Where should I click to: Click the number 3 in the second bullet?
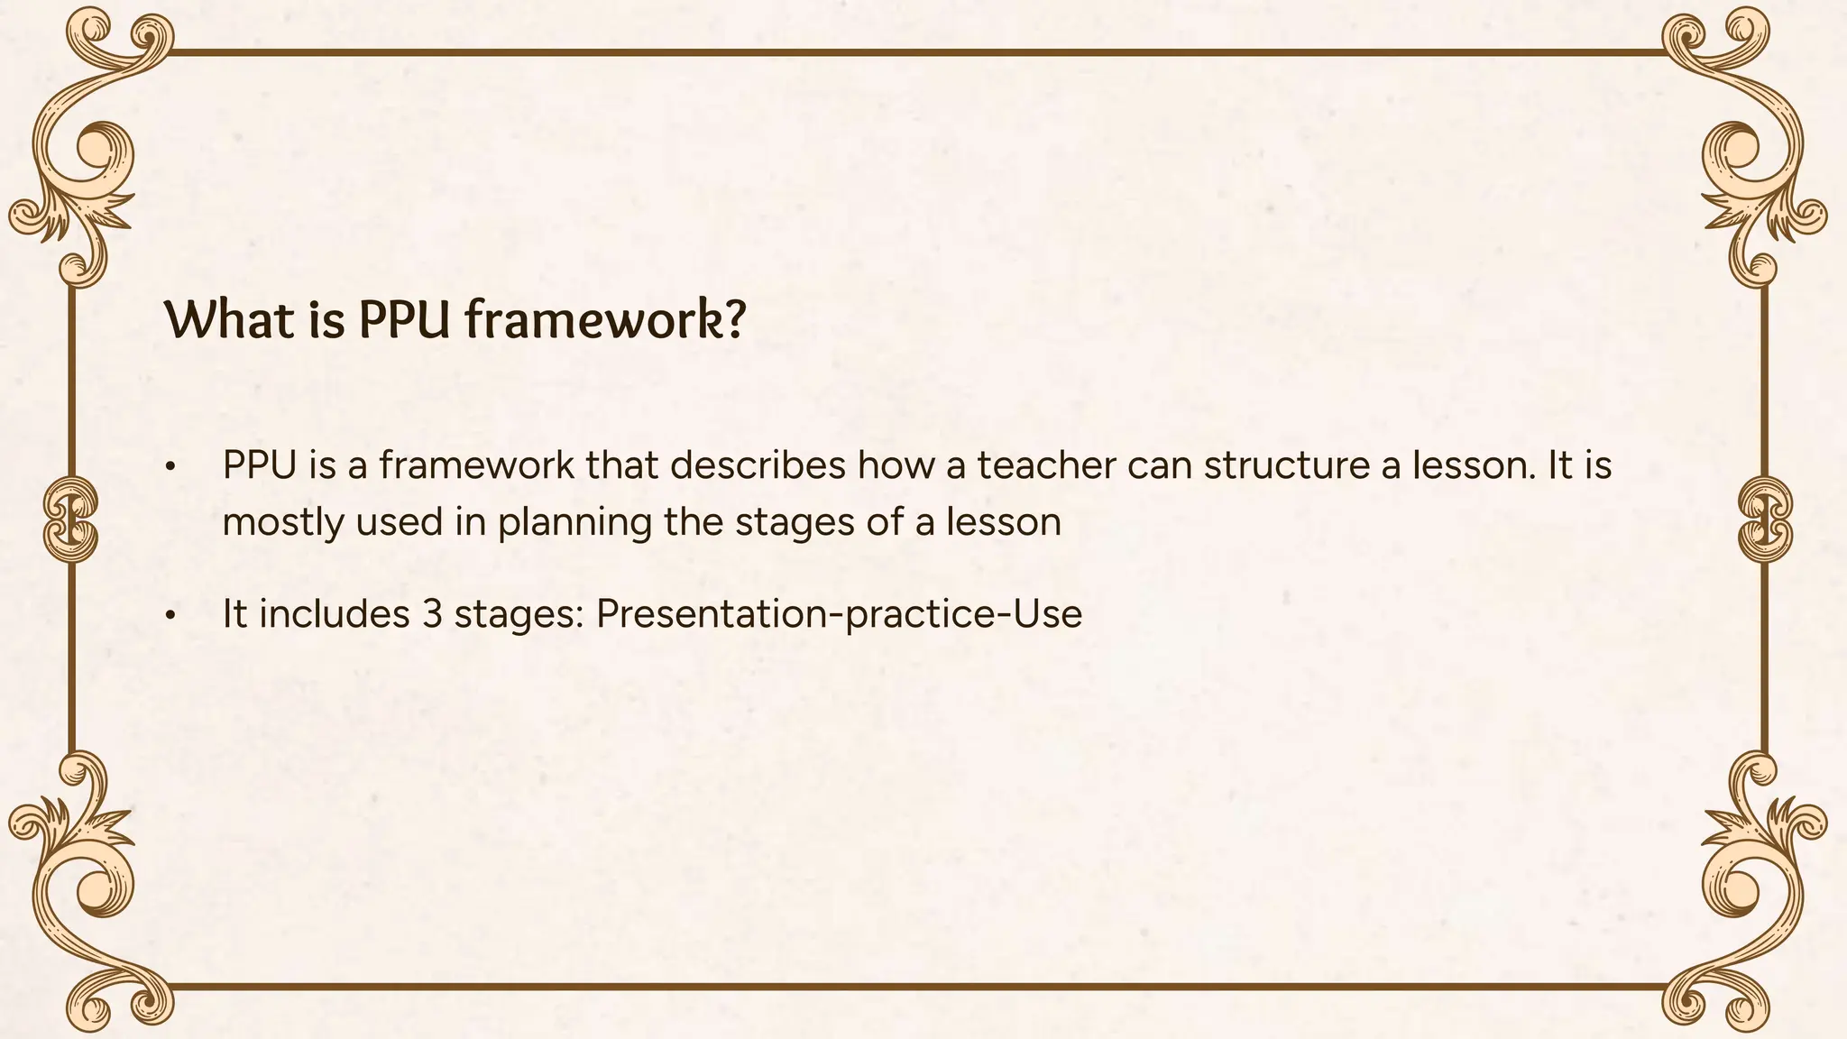pos(431,614)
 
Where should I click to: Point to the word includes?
pos(334,614)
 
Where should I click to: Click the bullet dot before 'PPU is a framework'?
pos(169,468)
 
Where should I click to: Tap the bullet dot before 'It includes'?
pos(169,617)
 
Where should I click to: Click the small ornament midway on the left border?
pos(69,521)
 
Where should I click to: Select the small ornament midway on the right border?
pos(1765,521)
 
